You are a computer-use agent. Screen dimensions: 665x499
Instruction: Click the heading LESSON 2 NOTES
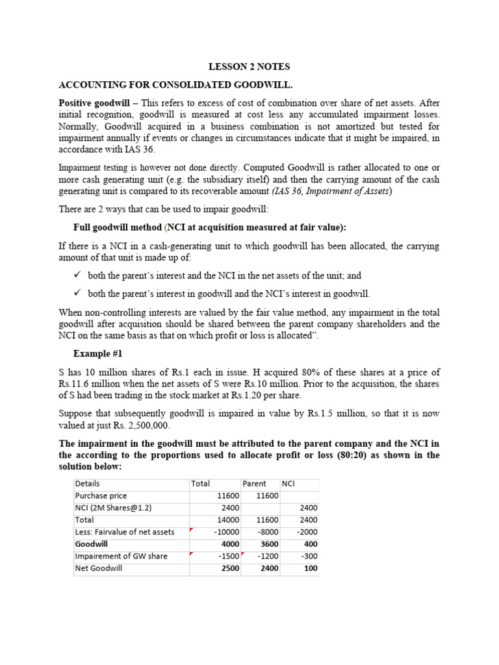249,67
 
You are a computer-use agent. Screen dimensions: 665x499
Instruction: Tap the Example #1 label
97,354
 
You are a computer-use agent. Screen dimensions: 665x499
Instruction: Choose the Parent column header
254,483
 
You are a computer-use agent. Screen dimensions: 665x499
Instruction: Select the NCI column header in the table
288,483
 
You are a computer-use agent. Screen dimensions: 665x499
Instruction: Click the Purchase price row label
101,496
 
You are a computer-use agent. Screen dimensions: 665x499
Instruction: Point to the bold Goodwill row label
92,544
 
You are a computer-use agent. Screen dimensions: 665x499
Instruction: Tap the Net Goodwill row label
99,568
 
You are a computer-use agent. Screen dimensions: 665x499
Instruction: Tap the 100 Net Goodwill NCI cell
311,568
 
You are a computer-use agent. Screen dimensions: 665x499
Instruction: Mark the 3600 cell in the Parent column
268,544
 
